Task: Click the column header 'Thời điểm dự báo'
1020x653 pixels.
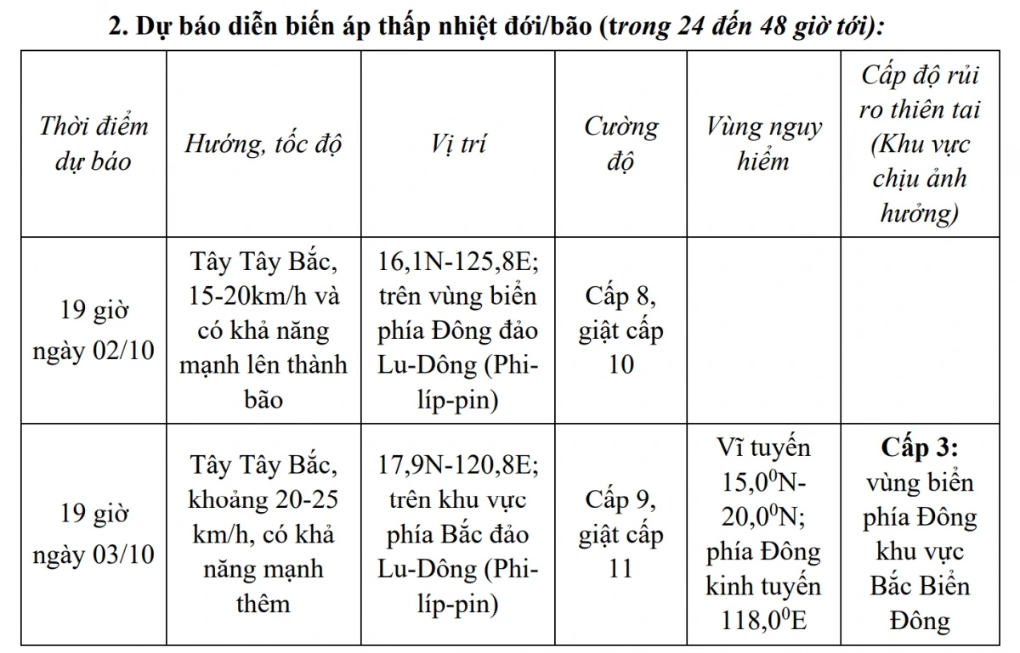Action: coord(93,143)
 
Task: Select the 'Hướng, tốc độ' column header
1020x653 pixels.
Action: coord(263,143)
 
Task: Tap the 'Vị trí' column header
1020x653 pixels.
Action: coord(458,143)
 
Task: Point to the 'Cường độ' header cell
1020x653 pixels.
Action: coord(620,143)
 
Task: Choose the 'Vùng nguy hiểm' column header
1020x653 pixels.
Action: coord(763,143)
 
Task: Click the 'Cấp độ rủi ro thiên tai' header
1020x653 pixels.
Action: coord(919,143)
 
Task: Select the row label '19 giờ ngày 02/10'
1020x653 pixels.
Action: coord(93,330)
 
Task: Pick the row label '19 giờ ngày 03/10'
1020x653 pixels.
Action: coord(93,534)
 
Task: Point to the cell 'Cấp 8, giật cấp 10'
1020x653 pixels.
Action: coord(620,330)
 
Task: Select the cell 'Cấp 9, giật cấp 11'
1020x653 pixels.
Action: coord(620,534)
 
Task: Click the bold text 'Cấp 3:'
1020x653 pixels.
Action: coord(919,448)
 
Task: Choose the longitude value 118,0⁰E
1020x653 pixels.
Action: coord(763,620)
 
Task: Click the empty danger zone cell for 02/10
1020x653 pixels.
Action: coord(763,330)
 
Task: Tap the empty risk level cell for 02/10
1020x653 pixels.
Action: coord(919,330)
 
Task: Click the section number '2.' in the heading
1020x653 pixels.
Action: coord(118,26)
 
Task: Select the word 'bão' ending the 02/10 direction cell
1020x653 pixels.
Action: coord(263,399)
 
